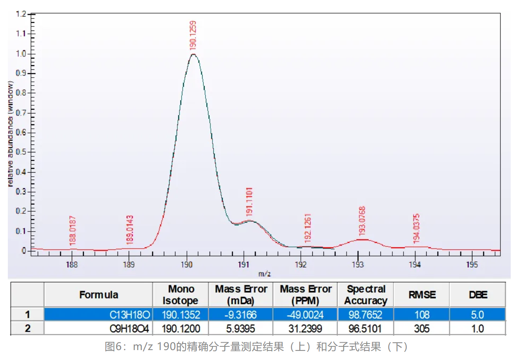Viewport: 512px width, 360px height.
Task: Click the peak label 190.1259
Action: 193,36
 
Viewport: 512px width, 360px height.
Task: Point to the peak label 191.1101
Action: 249,201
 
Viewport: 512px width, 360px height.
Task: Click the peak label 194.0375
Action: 416,229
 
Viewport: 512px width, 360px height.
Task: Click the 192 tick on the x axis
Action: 301,264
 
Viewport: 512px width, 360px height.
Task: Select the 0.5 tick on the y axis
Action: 21,152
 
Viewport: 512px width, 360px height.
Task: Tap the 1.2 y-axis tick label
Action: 21,14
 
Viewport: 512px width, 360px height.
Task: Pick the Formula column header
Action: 99,295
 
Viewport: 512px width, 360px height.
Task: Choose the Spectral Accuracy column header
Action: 366,295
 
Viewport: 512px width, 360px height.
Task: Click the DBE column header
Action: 477,295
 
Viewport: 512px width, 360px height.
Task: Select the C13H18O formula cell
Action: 130,315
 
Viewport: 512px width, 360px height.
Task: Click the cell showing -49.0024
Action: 305,315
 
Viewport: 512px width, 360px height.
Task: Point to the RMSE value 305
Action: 422,329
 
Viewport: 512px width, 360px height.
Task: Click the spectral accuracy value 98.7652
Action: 366,315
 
